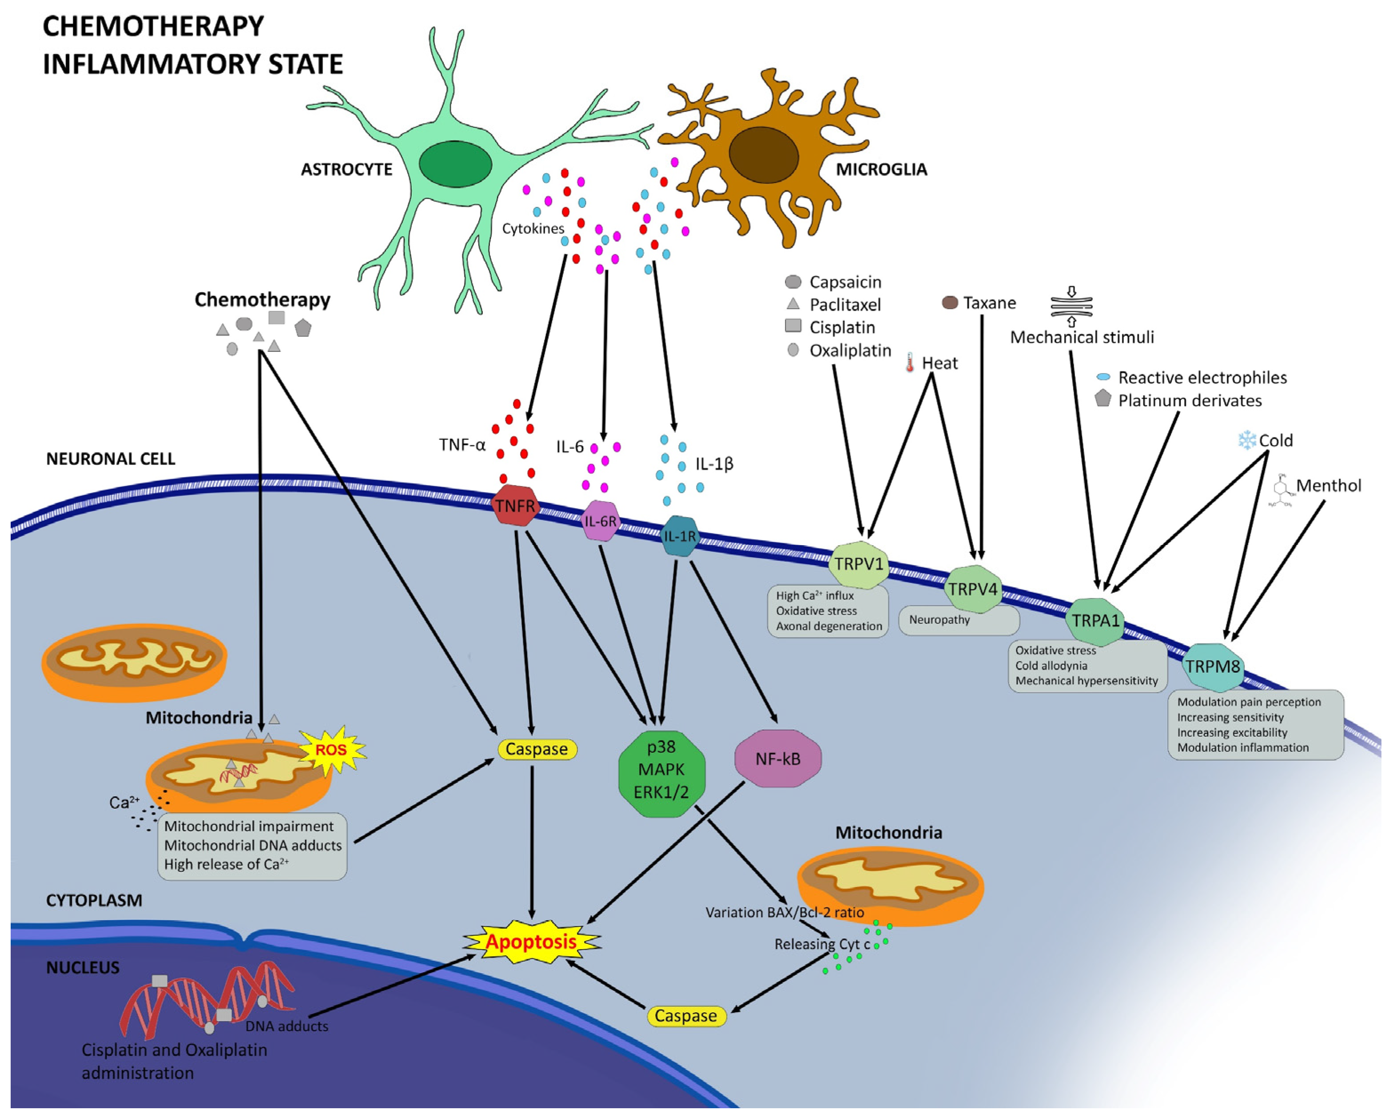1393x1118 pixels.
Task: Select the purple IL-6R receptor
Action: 600,520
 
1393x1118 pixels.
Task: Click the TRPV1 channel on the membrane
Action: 858,564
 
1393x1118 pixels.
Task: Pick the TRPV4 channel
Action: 972,589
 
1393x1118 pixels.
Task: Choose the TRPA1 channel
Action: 1095,620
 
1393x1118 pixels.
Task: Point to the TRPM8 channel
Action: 1213,666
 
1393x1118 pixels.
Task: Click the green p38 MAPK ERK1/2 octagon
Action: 661,769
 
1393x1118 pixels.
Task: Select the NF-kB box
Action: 778,759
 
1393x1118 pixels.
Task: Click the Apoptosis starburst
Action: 531,942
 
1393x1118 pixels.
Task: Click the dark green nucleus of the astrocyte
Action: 455,164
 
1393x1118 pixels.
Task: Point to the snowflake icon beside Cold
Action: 1246,440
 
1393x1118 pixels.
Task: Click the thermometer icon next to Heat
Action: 910,363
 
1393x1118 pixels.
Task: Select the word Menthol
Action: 1329,485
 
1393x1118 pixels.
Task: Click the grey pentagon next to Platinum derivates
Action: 1103,399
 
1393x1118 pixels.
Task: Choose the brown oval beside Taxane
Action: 950,303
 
